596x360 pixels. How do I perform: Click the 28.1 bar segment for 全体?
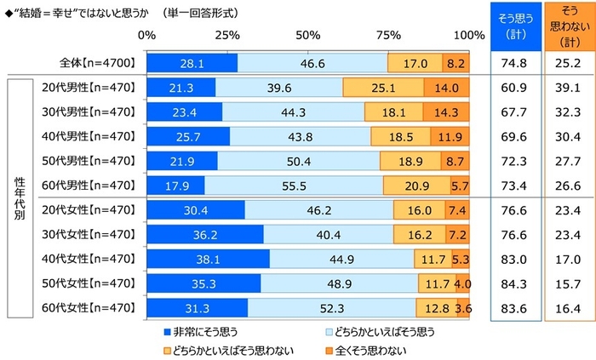click(192, 63)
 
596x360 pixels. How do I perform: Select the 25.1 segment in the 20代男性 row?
click(383, 88)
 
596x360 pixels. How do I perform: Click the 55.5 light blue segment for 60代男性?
click(294, 185)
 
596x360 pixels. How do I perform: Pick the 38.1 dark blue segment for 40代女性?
click(208, 260)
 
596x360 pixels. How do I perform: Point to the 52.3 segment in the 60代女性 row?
click(331, 308)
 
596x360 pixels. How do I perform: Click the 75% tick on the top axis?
click(388, 36)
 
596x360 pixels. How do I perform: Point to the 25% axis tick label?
click(226, 36)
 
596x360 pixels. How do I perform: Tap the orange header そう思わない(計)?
click(566, 25)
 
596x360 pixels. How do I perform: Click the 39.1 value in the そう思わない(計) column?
click(566, 88)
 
